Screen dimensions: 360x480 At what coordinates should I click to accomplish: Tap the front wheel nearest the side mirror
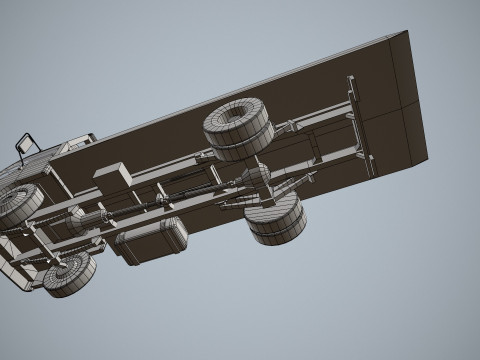pyautogui.click(x=17, y=204)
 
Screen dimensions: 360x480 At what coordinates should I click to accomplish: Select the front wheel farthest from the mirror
pyautogui.click(x=66, y=274)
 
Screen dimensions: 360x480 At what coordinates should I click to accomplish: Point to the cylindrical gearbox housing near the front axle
pyautogui.click(x=84, y=219)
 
